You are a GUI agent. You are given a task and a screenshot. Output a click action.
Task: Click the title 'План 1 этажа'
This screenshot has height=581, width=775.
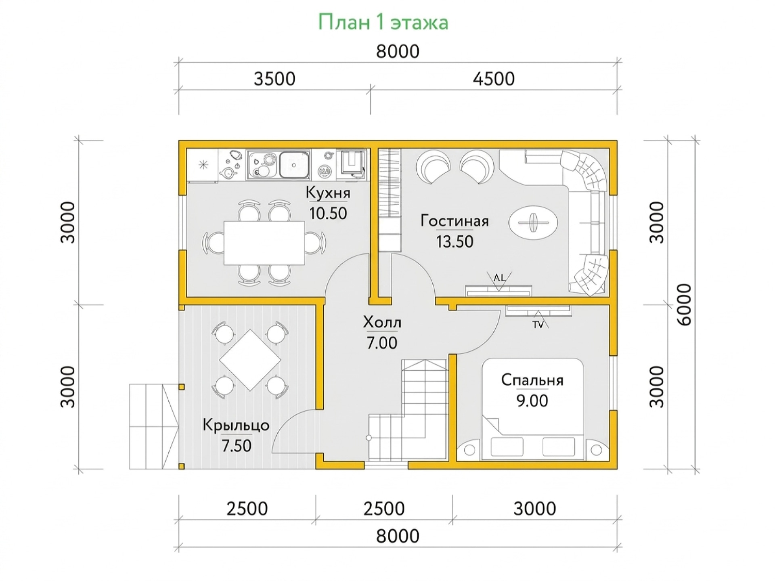tap(383, 22)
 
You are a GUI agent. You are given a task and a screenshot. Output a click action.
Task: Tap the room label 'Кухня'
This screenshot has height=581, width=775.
tap(328, 193)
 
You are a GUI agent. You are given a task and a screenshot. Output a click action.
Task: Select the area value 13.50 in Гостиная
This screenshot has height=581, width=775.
tap(455, 241)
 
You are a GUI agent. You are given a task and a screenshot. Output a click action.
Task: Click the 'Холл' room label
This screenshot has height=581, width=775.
tap(382, 323)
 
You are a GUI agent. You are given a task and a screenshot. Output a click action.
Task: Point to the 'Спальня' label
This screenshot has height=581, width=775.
tap(532, 380)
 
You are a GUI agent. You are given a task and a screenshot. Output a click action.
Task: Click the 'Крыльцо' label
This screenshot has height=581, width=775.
tap(236, 425)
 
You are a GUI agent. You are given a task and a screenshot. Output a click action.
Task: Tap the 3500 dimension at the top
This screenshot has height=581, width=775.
tap(274, 79)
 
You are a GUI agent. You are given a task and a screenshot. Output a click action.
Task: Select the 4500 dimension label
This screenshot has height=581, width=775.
tap(494, 79)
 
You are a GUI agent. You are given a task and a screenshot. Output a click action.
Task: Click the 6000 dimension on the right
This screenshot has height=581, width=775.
tap(685, 305)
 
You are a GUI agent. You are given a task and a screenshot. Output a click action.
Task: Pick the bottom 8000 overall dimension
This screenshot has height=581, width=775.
tap(398, 536)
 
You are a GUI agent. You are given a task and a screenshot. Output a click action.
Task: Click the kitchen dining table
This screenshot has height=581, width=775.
tap(264, 243)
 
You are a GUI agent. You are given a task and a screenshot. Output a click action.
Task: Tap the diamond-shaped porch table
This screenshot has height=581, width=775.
tap(250, 360)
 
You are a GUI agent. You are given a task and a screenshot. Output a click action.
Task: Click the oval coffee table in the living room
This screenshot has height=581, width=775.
tap(533, 222)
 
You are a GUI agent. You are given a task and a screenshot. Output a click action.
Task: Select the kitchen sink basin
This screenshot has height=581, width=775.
tap(294, 165)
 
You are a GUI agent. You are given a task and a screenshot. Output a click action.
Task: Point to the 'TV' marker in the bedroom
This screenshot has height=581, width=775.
tap(538, 324)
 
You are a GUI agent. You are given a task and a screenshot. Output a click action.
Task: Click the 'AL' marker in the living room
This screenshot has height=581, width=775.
tap(499, 277)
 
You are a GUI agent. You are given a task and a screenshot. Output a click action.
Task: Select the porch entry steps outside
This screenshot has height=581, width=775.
tap(154, 426)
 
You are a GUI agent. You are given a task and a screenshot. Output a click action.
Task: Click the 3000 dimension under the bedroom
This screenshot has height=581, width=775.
tap(534, 509)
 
